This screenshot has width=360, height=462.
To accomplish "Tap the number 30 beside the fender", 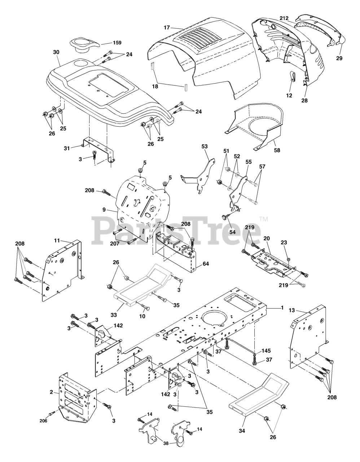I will coord(56,52).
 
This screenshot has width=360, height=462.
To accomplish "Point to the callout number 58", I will coord(277,149).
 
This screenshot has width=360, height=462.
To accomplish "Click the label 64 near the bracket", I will coord(206,264).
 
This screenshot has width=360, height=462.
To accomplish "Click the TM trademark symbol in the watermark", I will coord(263,219).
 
